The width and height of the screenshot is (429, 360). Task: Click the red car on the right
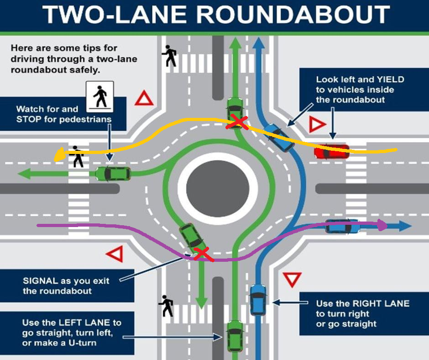(x=331, y=152)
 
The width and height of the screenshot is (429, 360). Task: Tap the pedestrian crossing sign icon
(x=100, y=95)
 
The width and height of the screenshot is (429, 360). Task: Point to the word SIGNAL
(x=40, y=281)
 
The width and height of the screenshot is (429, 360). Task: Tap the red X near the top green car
(x=238, y=122)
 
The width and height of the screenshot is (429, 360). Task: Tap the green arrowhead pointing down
(x=201, y=302)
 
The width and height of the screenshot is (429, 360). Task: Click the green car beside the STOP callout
(x=113, y=174)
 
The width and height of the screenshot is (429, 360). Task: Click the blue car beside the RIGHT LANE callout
(x=258, y=300)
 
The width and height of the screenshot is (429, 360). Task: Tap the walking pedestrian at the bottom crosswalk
(x=166, y=306)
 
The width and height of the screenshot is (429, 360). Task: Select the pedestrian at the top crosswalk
(x=170, y=55)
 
